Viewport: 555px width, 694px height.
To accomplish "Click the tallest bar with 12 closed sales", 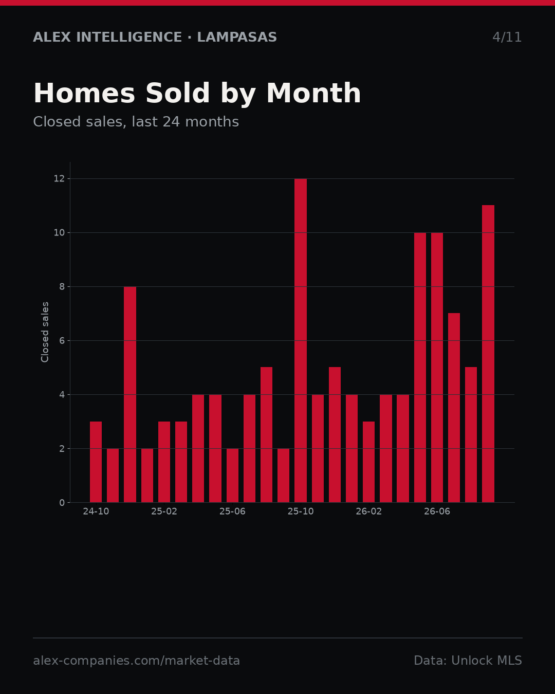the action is click(x=301, y=340).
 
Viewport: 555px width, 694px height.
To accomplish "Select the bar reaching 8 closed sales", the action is click(x=130, y=394).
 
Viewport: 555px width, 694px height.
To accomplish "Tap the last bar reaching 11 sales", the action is click(x=488, y=354).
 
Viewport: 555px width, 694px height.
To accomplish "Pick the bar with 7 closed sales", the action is click(x=454, y=408).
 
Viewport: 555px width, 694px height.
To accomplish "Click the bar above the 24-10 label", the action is click(x=96, y=462).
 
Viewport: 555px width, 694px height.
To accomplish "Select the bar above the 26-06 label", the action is click(x=437, y=368).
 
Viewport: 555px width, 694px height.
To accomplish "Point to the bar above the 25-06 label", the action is click(x=232, y=476).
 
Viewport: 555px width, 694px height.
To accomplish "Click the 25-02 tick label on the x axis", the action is click(x=164, y=512).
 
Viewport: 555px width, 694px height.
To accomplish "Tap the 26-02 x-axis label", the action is click(x=368, y=512).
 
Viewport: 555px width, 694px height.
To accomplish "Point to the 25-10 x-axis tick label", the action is click(x=301, y=512).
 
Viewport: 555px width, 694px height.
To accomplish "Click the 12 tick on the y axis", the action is click(x=59, y=179).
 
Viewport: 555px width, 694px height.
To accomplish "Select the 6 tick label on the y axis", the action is click(x=62, y=340).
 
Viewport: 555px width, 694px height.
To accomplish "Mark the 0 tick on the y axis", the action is click(x=62, y=503).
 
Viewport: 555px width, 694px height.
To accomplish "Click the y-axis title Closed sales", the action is click(x=45, y=332).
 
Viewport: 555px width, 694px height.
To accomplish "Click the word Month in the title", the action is click(x=313, y=93).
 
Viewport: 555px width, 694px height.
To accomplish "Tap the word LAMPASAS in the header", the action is click(x=237, y=37).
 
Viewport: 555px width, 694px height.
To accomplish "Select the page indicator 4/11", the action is click(x=507, y=37).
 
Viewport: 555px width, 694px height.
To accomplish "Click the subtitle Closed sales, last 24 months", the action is click(x=136, y=122).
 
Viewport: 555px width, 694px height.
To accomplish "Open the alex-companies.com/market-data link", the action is click(x=136, y=661).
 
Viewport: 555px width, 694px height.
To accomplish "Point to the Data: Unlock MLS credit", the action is click(x=468, y=661).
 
